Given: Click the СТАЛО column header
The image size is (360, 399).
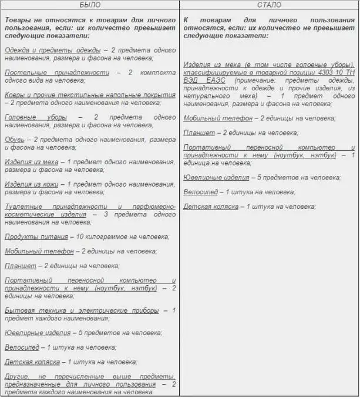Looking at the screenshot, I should click(269, 5).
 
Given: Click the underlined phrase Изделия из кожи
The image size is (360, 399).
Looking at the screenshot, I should click(33, 184).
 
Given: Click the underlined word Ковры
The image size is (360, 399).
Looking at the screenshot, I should click(16, 94).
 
